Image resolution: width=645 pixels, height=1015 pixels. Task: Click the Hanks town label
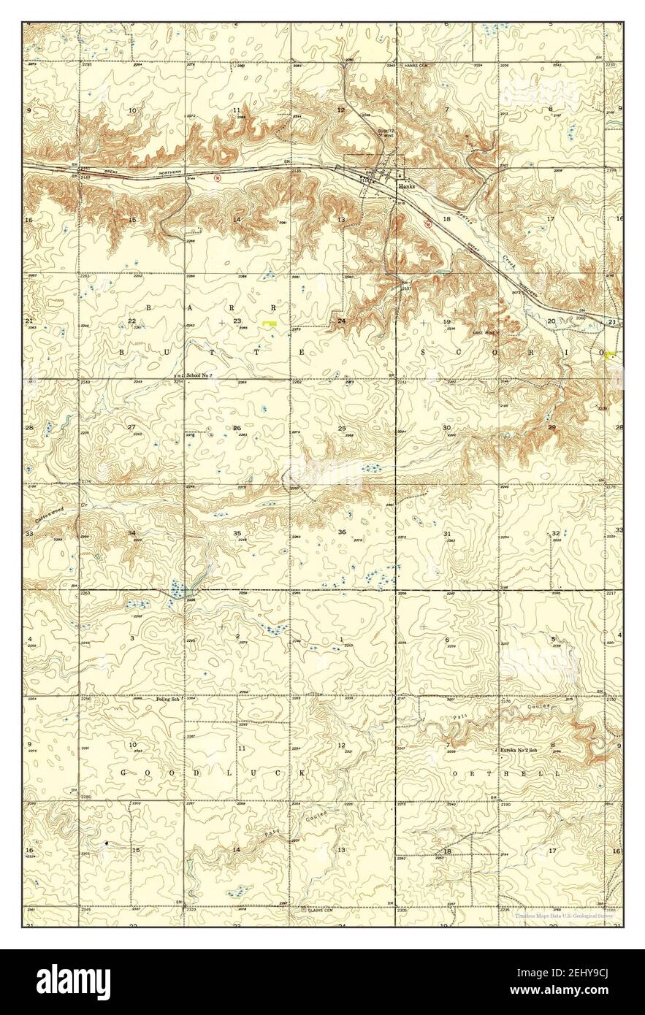coord(407,186)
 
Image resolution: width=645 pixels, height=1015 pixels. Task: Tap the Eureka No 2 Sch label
coord(519,750)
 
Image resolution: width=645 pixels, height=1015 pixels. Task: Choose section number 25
coord(341,428)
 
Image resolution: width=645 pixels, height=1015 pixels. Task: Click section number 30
coord(446,427)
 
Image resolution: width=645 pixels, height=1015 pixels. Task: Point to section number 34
coord(131,533)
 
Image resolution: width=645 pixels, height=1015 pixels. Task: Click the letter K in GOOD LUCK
coord(297,772)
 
